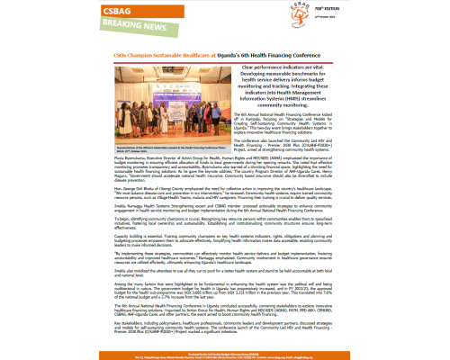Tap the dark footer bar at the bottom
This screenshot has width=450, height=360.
click(225, 355)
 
